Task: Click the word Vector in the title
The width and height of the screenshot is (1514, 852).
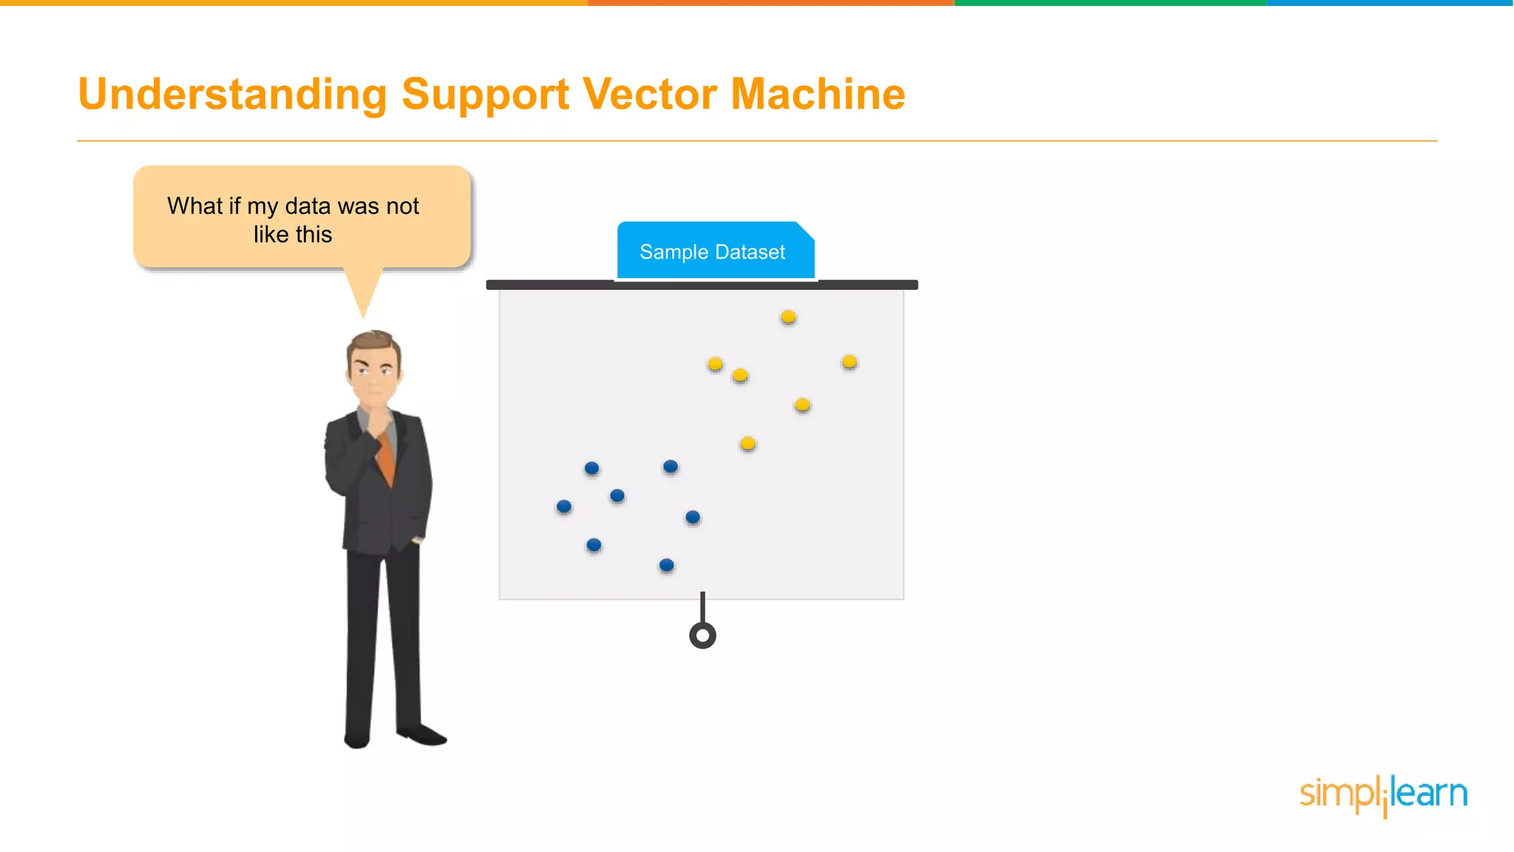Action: pyautogui.click(x=649, y=95)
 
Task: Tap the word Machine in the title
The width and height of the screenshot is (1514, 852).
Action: pyautogui.click(x=818, y=95)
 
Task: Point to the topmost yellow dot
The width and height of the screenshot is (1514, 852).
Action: pyautogui.click(x=788, y=317)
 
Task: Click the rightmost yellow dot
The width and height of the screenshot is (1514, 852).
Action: pyautogui.click(x=849, y=362)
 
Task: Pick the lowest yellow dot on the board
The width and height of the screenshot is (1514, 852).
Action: pyautogui.click(x=747, y=443)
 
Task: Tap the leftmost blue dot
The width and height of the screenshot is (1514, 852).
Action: pyautogui.click(x=564, y=507)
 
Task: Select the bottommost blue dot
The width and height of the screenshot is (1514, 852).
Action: pyautogui.click(x=666, y=565)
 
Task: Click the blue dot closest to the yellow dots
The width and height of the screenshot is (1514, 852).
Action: pyautogui.click(x=671, y=466)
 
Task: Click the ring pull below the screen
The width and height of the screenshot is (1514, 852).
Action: pyautogui.click(x=702, y=635)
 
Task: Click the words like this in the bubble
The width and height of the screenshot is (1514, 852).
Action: pyautogui.click(x=293, y=234)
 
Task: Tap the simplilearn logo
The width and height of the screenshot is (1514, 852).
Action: pyautogui.click(x=1383, y=794)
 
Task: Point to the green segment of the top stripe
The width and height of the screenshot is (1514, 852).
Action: pyautogui.click(x=1109, y=3)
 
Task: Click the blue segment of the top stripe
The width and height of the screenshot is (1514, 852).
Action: pyautogui.click(x=1390, y=3)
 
